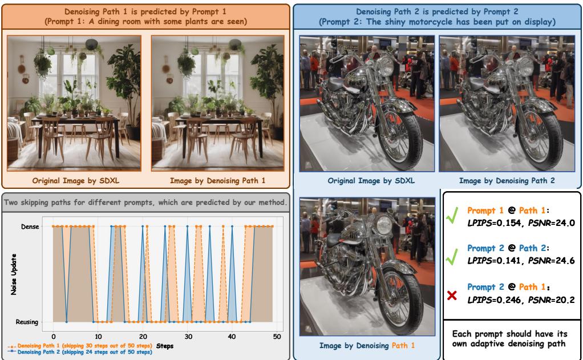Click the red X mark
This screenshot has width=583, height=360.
[x=452, y=296]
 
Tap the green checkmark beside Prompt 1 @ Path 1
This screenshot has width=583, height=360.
[x=452, y=216]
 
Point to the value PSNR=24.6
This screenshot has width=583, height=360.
[x=552, y=260]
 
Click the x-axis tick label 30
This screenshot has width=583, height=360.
[x=188, y=337]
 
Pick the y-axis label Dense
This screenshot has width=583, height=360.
[x=30, y=226]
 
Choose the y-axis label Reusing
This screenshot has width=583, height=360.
[x=27, y=322]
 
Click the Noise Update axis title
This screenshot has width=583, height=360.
[x=14, y=274]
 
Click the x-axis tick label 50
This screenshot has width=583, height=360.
[x=277, y=337]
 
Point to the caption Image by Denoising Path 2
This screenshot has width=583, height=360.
[x=507, y=181]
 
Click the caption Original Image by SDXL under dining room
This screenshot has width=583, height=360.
[x=75, y=181]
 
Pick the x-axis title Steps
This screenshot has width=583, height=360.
[x=165, y=346]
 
